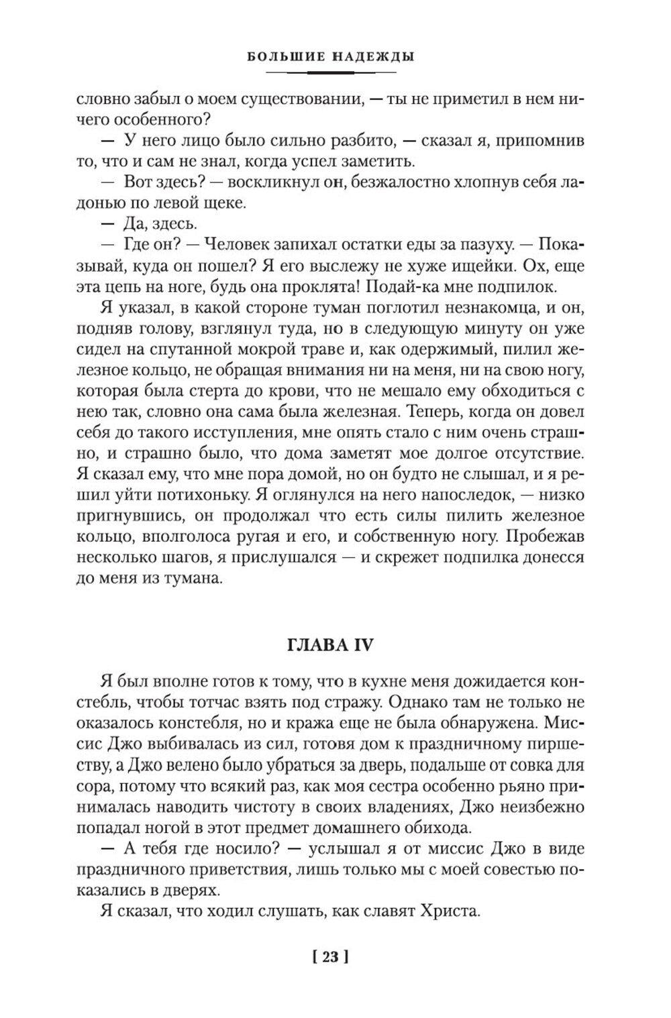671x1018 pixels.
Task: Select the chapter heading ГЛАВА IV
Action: coord(329,645)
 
